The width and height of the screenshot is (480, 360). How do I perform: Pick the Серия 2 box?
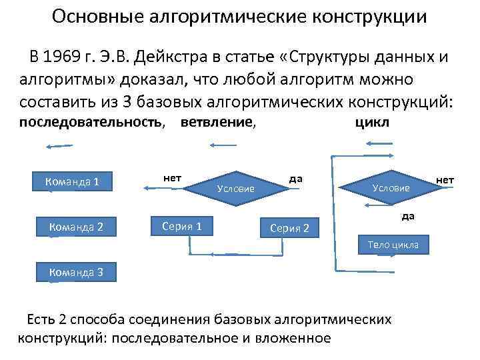[x=289, y=229]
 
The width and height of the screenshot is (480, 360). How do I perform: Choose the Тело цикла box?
[x=393, y=245]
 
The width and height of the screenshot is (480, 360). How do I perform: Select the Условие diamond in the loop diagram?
[x=391, y=188]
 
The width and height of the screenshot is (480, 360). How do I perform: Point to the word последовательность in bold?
[x=91, y=123]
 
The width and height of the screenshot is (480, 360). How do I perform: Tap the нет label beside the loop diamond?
[x=445, y=179]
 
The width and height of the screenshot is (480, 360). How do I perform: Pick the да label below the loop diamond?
[x=407, y=215]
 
